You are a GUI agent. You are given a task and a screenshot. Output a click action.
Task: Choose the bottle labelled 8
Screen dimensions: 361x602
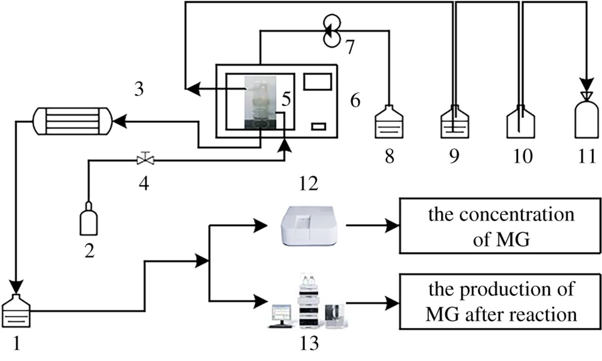coord(389,124)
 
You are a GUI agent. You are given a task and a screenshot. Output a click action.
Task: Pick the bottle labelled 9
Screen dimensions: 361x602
coord(454,124)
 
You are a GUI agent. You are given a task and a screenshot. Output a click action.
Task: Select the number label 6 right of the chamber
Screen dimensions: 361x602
coord(356,100)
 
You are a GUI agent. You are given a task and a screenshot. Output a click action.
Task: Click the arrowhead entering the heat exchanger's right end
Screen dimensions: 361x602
coord(118,121)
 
